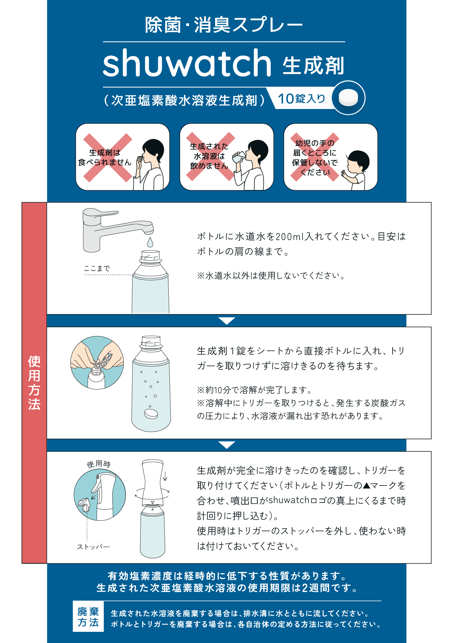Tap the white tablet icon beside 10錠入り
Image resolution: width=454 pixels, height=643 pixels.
point(349,98)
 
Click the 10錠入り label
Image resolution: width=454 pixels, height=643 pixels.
point(302,99)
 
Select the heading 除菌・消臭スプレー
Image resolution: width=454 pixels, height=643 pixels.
point(224,25)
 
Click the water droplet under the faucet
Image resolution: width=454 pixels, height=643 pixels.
point(150,242)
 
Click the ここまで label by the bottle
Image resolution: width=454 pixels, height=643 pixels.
point(97,268)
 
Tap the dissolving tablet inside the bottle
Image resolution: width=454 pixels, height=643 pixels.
point(151,414)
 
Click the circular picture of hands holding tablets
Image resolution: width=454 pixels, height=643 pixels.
point(97,362)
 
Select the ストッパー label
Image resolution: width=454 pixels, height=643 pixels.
point(93,547)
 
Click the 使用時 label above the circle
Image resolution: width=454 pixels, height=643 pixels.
point(99,464)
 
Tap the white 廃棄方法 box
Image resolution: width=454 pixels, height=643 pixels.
point(88,616)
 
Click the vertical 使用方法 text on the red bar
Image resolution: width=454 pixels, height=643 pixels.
point(34,383)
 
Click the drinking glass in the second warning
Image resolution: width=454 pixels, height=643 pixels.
point(238,157)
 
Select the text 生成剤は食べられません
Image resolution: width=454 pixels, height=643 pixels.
point(105,158)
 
